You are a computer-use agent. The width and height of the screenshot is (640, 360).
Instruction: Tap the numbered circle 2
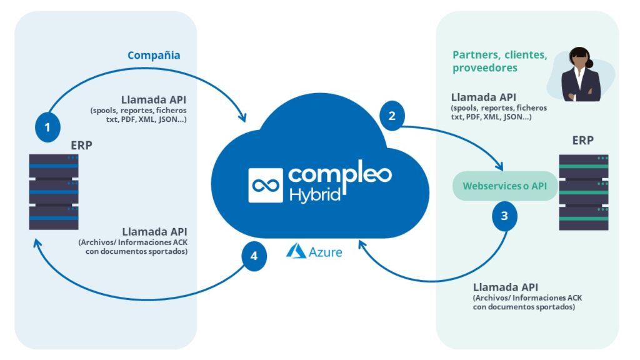392,116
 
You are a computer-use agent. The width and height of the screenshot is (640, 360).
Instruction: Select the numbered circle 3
504,216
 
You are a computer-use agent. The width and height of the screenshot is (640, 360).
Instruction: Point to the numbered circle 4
253,257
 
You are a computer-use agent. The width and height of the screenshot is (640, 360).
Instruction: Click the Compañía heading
154,56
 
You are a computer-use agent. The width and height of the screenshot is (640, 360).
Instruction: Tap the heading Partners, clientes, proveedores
499,61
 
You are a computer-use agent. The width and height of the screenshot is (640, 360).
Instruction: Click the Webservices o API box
506,186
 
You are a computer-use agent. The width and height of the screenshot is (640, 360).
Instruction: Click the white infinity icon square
265,185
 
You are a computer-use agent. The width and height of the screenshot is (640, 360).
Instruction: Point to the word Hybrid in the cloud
314,194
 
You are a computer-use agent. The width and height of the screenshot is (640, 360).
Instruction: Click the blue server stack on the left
54,192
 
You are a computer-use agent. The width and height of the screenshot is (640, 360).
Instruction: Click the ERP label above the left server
82,146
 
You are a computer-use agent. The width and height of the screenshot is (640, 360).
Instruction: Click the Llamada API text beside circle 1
153,101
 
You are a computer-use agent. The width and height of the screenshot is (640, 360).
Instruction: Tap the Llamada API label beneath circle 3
504,287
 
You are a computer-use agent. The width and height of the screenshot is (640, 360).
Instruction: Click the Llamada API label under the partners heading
482,97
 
